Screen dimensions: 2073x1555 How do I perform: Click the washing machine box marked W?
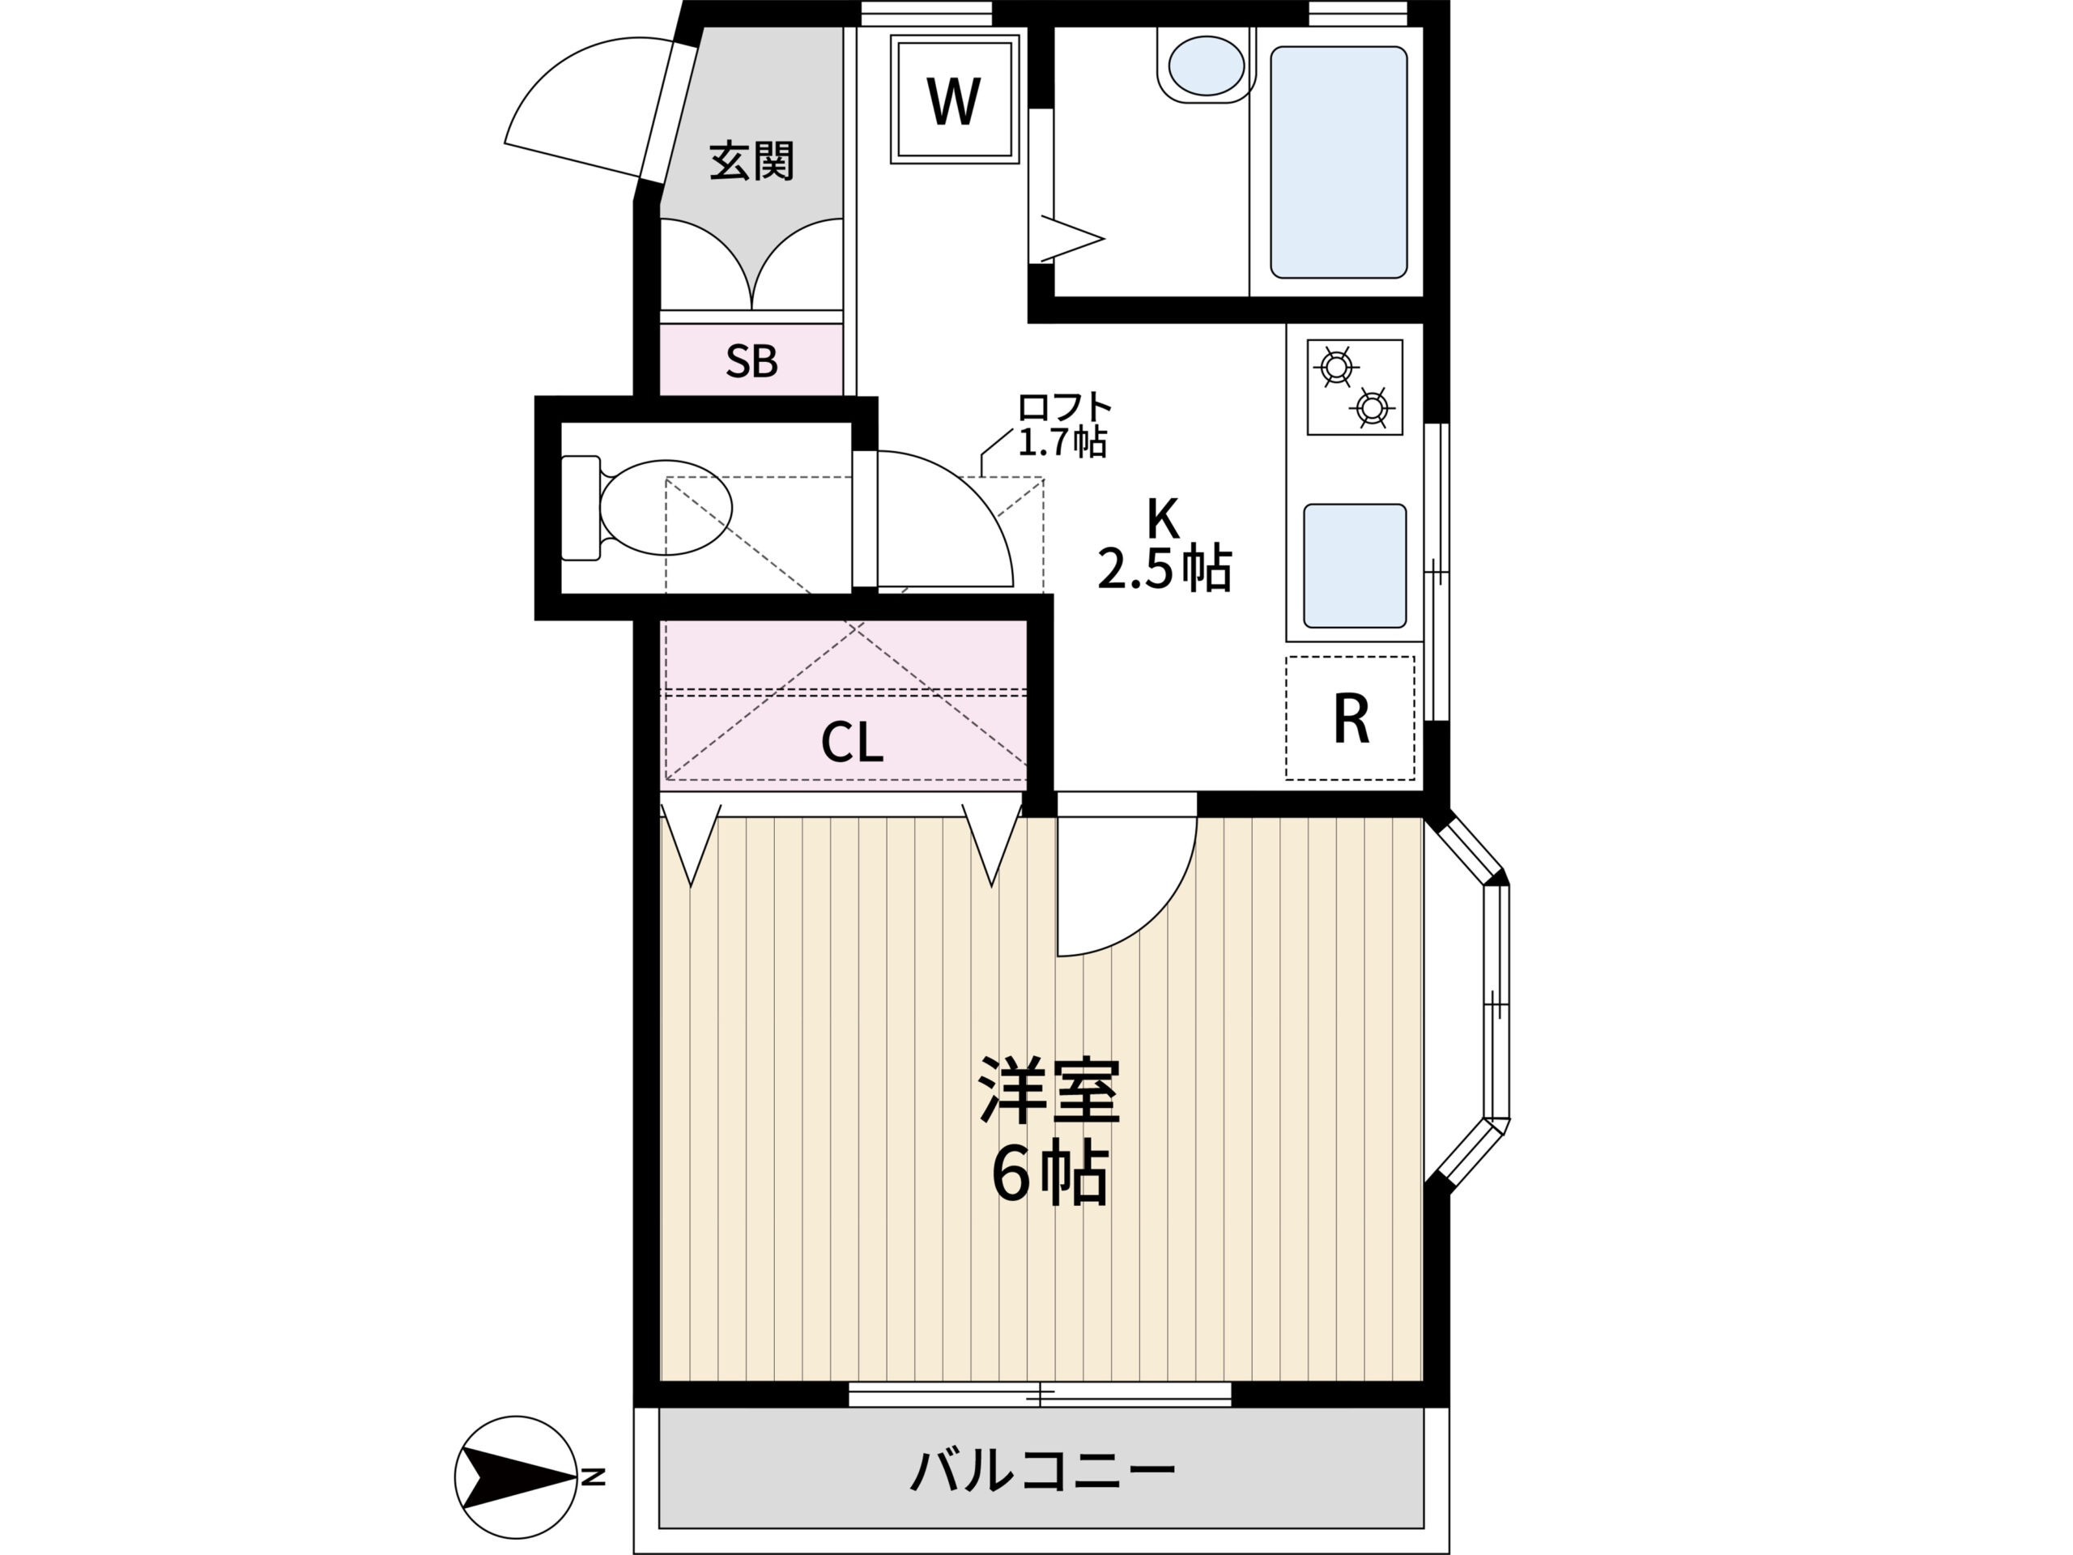pos(954,99)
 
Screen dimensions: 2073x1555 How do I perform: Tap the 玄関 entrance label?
pos(751,161)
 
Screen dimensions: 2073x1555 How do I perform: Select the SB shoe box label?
pos(751,361)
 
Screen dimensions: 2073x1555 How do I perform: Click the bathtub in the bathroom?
pos(1339,162)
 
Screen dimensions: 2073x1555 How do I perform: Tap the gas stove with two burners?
pos(1355,387)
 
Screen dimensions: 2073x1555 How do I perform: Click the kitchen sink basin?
pos(1355,565)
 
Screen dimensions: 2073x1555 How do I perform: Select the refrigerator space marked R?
pos(1351,718)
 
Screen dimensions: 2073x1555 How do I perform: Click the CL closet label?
pos(851,743)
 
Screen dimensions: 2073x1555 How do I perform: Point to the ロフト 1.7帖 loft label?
pos(1064,424)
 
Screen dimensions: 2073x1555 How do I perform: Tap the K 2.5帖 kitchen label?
pos(1164,543)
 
